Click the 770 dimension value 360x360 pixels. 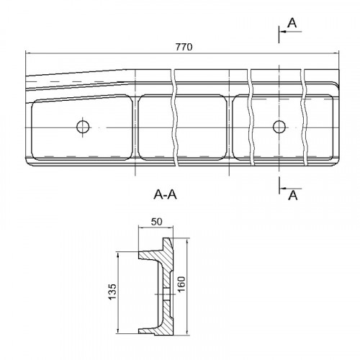click(x=184, y=47)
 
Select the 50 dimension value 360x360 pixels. click(x=157, y=222)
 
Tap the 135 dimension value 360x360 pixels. click(x=112, y=292)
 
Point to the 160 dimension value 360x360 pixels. click(x=181, y=284)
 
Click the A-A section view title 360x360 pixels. click(x=165, y=194)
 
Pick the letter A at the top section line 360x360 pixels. click(x=292, y=23)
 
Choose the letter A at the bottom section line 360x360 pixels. click(x=293, y=195)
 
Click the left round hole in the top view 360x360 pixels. click(x=83, y=127)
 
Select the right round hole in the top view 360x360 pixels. click(x=279, y=127)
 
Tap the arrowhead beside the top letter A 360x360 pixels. click(x=283, y=32)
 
